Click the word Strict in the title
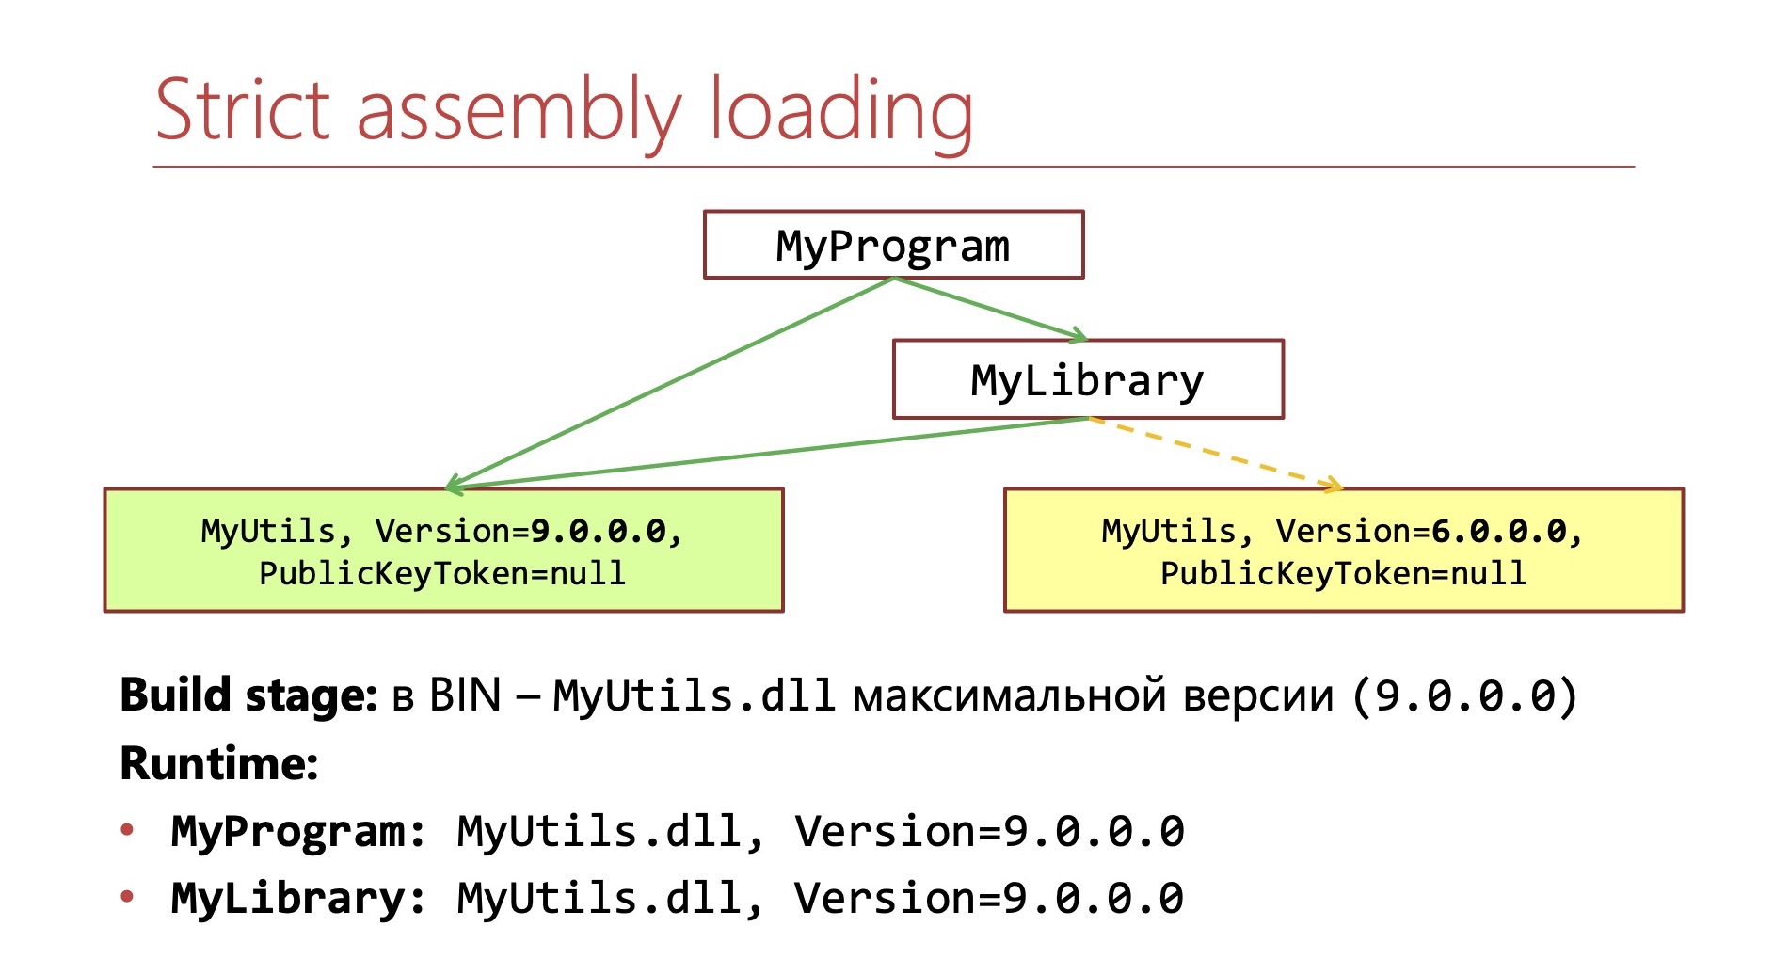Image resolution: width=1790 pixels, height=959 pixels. [242, 110]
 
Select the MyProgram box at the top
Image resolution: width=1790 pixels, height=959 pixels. [893, 246]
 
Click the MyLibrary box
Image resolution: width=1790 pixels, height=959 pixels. [1087, 380]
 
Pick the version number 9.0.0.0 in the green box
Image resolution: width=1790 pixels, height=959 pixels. [599, 532]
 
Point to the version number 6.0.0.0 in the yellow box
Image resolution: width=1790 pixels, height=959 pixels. [1499, 532]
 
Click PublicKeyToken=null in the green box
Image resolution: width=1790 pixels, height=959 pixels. [442, 573]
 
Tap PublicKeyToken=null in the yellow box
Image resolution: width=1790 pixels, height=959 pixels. [1343, 573]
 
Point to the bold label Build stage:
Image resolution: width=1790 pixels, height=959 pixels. [248, 696]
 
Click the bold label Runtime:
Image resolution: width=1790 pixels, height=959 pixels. [219, 763]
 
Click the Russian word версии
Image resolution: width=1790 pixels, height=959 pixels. [1258, 697]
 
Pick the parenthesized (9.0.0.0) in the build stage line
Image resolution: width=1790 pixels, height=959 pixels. [1464, 697]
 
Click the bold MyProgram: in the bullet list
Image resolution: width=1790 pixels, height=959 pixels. [298, 832]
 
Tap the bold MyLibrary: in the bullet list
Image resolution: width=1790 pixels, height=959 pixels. [298, 899]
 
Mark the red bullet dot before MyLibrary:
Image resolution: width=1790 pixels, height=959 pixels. [128, 897]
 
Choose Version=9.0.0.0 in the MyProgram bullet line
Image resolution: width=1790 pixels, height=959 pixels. [989, 832]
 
